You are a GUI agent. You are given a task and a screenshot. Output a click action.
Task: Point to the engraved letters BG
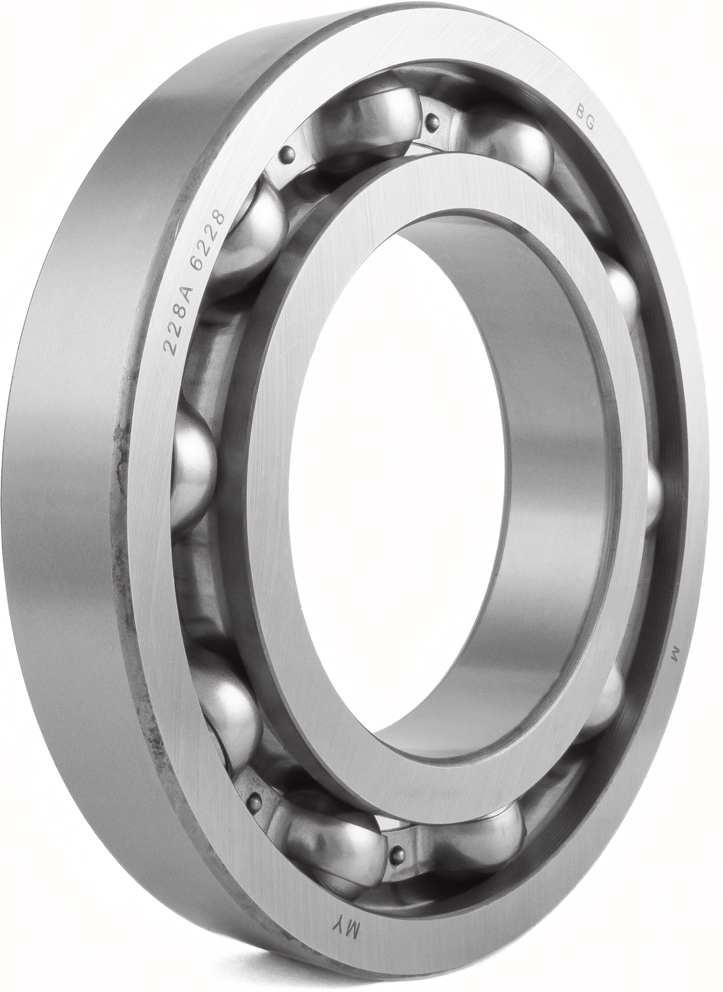(x=584, y=117)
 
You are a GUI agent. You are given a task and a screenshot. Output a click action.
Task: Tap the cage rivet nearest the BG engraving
(x=432, y=119)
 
